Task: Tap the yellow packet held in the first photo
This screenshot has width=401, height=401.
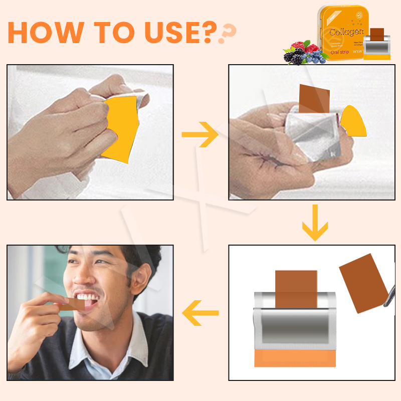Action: click(120, 128)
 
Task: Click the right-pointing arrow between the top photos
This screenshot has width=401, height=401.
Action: click(199, 134)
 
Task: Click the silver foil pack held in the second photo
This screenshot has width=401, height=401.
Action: click(311, 133)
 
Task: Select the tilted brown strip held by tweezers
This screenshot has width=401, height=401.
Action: click(363, 283)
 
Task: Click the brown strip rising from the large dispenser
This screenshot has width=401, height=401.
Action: click(296, 289)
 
